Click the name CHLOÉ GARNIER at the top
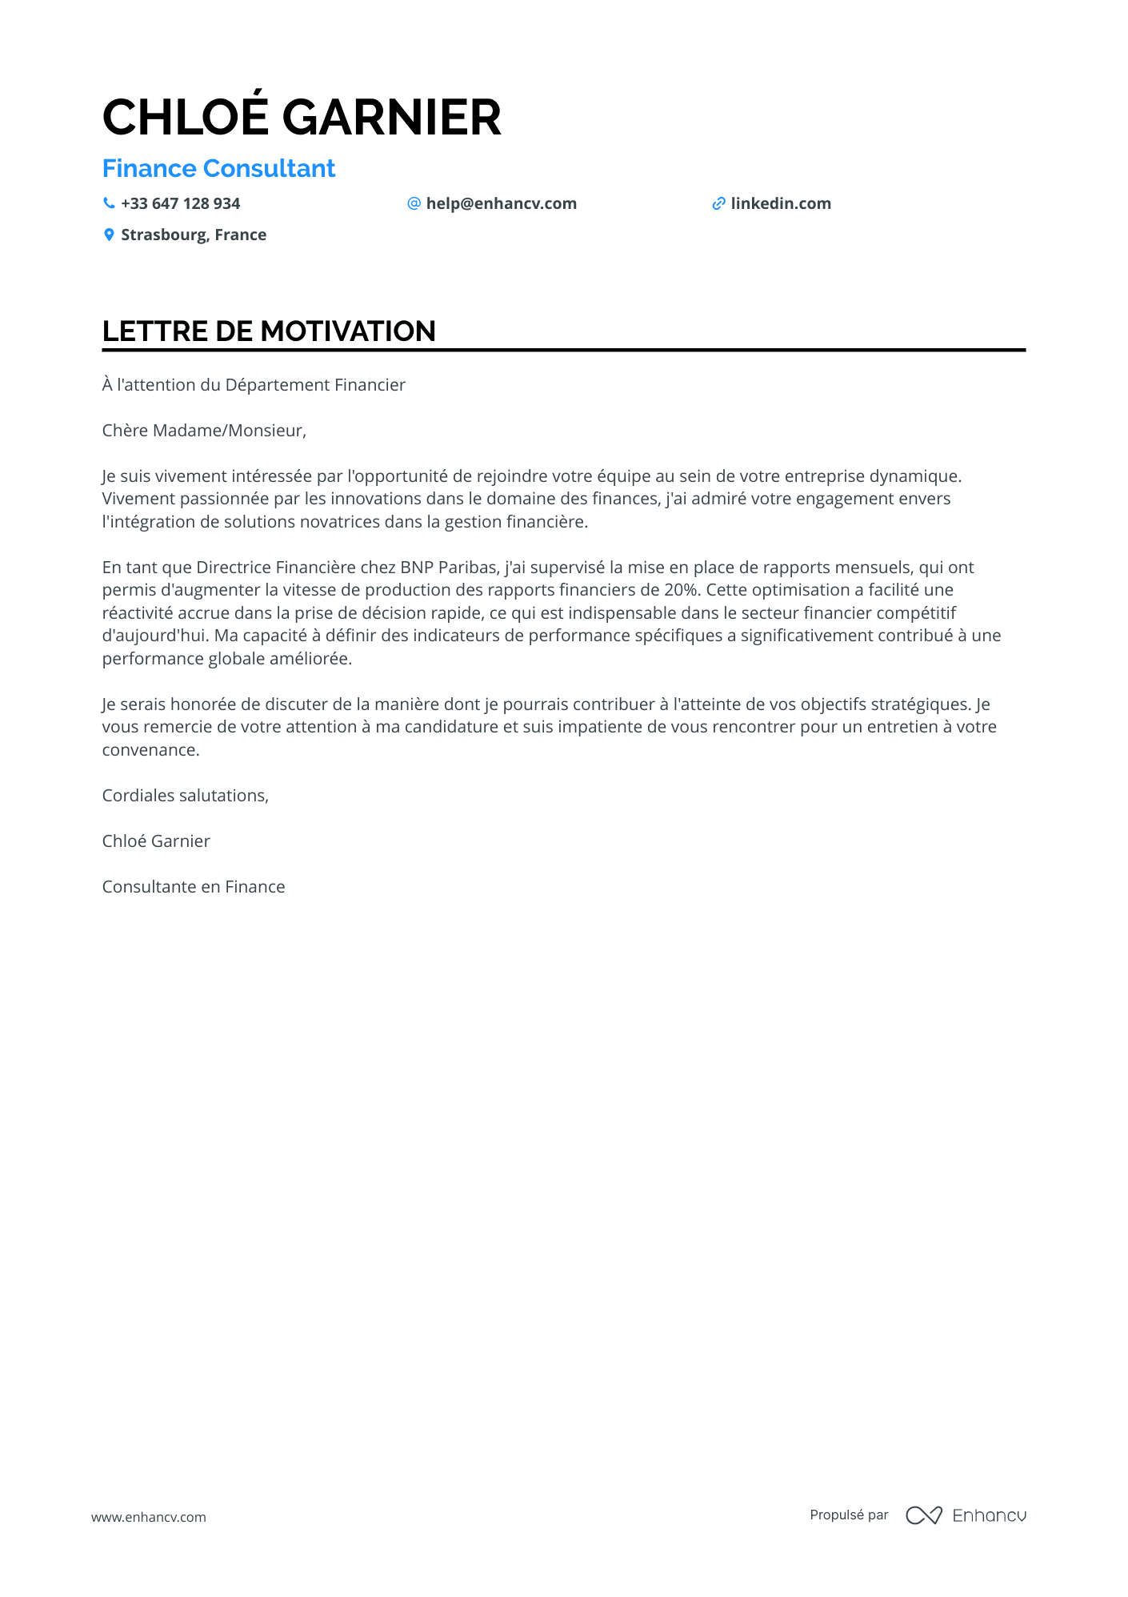click(x=302, y=117)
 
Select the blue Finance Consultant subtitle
click(x=218, y=168)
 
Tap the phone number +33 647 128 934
click(x=180, y=203)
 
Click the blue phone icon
click(x=109, y=203)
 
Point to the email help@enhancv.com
click(x=501, y=203)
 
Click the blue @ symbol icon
click(x=414, y=203)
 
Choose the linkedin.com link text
click(x=780, y=203)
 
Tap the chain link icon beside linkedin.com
click(x=718, y=203)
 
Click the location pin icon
click(x=109, y=235)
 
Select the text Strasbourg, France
click(x=194, y=235)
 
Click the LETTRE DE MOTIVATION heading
click(x=269, y=331)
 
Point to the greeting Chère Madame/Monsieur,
click(x=204, y=431)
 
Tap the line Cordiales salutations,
click(x=186, y=796)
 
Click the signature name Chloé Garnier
click(x=156, y=841)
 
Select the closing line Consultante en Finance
click(x=194, y=887)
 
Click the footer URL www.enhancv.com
click(x=149, y=1517)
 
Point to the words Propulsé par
click(x=849, y=1515)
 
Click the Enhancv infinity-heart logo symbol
click(x=923, y=1515)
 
